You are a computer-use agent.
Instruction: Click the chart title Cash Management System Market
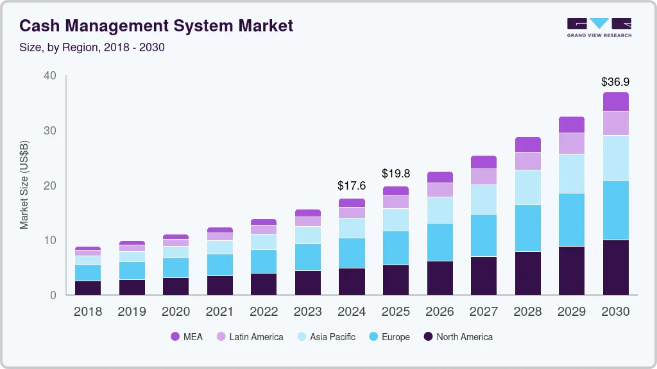click(x=156, y=26)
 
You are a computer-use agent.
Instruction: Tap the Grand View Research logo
click(x=599, y=27)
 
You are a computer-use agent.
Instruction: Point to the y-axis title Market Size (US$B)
click(x=24, y=184)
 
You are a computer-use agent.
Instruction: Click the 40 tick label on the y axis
click(x=49, y=76)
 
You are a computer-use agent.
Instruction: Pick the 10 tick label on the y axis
click(x=49, y=240)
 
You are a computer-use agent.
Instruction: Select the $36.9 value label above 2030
click(x=615, y=82)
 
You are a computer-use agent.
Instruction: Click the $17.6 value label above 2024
click(x=351, y=186)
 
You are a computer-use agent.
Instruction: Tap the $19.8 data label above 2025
click(x=395, y=174)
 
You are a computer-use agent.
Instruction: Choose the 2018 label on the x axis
click(x=87, y=312)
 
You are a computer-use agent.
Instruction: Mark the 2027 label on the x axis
click(x=483, y=312)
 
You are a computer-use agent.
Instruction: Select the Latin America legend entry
click(x=250, y=336)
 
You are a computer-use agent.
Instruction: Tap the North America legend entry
click(x=457, y=336)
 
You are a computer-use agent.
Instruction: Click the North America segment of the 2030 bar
click(x=615, y=267)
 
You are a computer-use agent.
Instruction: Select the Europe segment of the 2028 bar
click(x=527, y=228)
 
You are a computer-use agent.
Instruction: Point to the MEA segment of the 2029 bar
click(x=571, y=124)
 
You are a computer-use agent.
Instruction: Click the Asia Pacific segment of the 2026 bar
click(x=439, y=210)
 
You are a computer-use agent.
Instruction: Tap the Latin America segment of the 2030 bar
click(x=615, y=123)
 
